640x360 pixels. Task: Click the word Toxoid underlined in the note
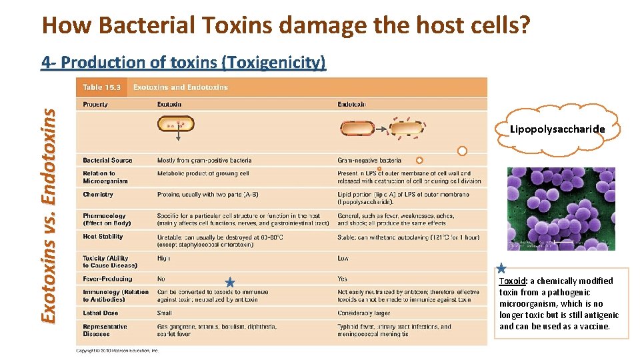(512, 281)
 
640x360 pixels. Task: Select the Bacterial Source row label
(107, 160)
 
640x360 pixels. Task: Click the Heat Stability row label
(103, 237)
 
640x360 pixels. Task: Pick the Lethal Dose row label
(101, 313)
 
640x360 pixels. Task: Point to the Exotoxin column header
(169, 104)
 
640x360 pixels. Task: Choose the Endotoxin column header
(351, 104)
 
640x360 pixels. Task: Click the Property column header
(95, 104)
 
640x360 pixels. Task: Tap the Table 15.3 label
(101, 87)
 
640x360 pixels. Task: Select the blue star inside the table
(230, 283)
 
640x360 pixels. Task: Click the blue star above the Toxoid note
(502, 269)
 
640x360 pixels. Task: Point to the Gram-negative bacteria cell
(369, 160)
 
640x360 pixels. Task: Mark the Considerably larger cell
(364, 313)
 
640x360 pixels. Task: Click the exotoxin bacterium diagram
(176, 125)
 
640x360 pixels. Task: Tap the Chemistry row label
(98, 195)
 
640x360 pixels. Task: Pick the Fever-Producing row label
(107, 279)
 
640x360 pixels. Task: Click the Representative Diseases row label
(105, 330)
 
